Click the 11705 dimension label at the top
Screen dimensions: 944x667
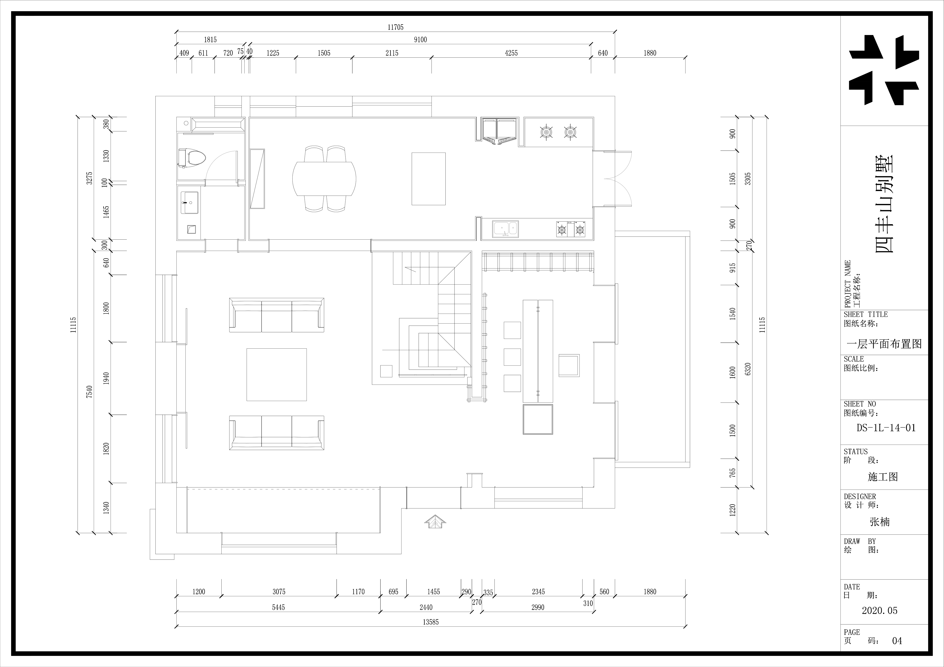[x=396, y=27]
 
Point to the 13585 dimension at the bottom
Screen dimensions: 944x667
[x=430, y=622]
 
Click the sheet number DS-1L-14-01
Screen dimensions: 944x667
[x=886, y=428]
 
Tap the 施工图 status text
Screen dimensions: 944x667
[x=883, y=477]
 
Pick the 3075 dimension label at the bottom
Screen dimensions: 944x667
[x=279, y=592]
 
